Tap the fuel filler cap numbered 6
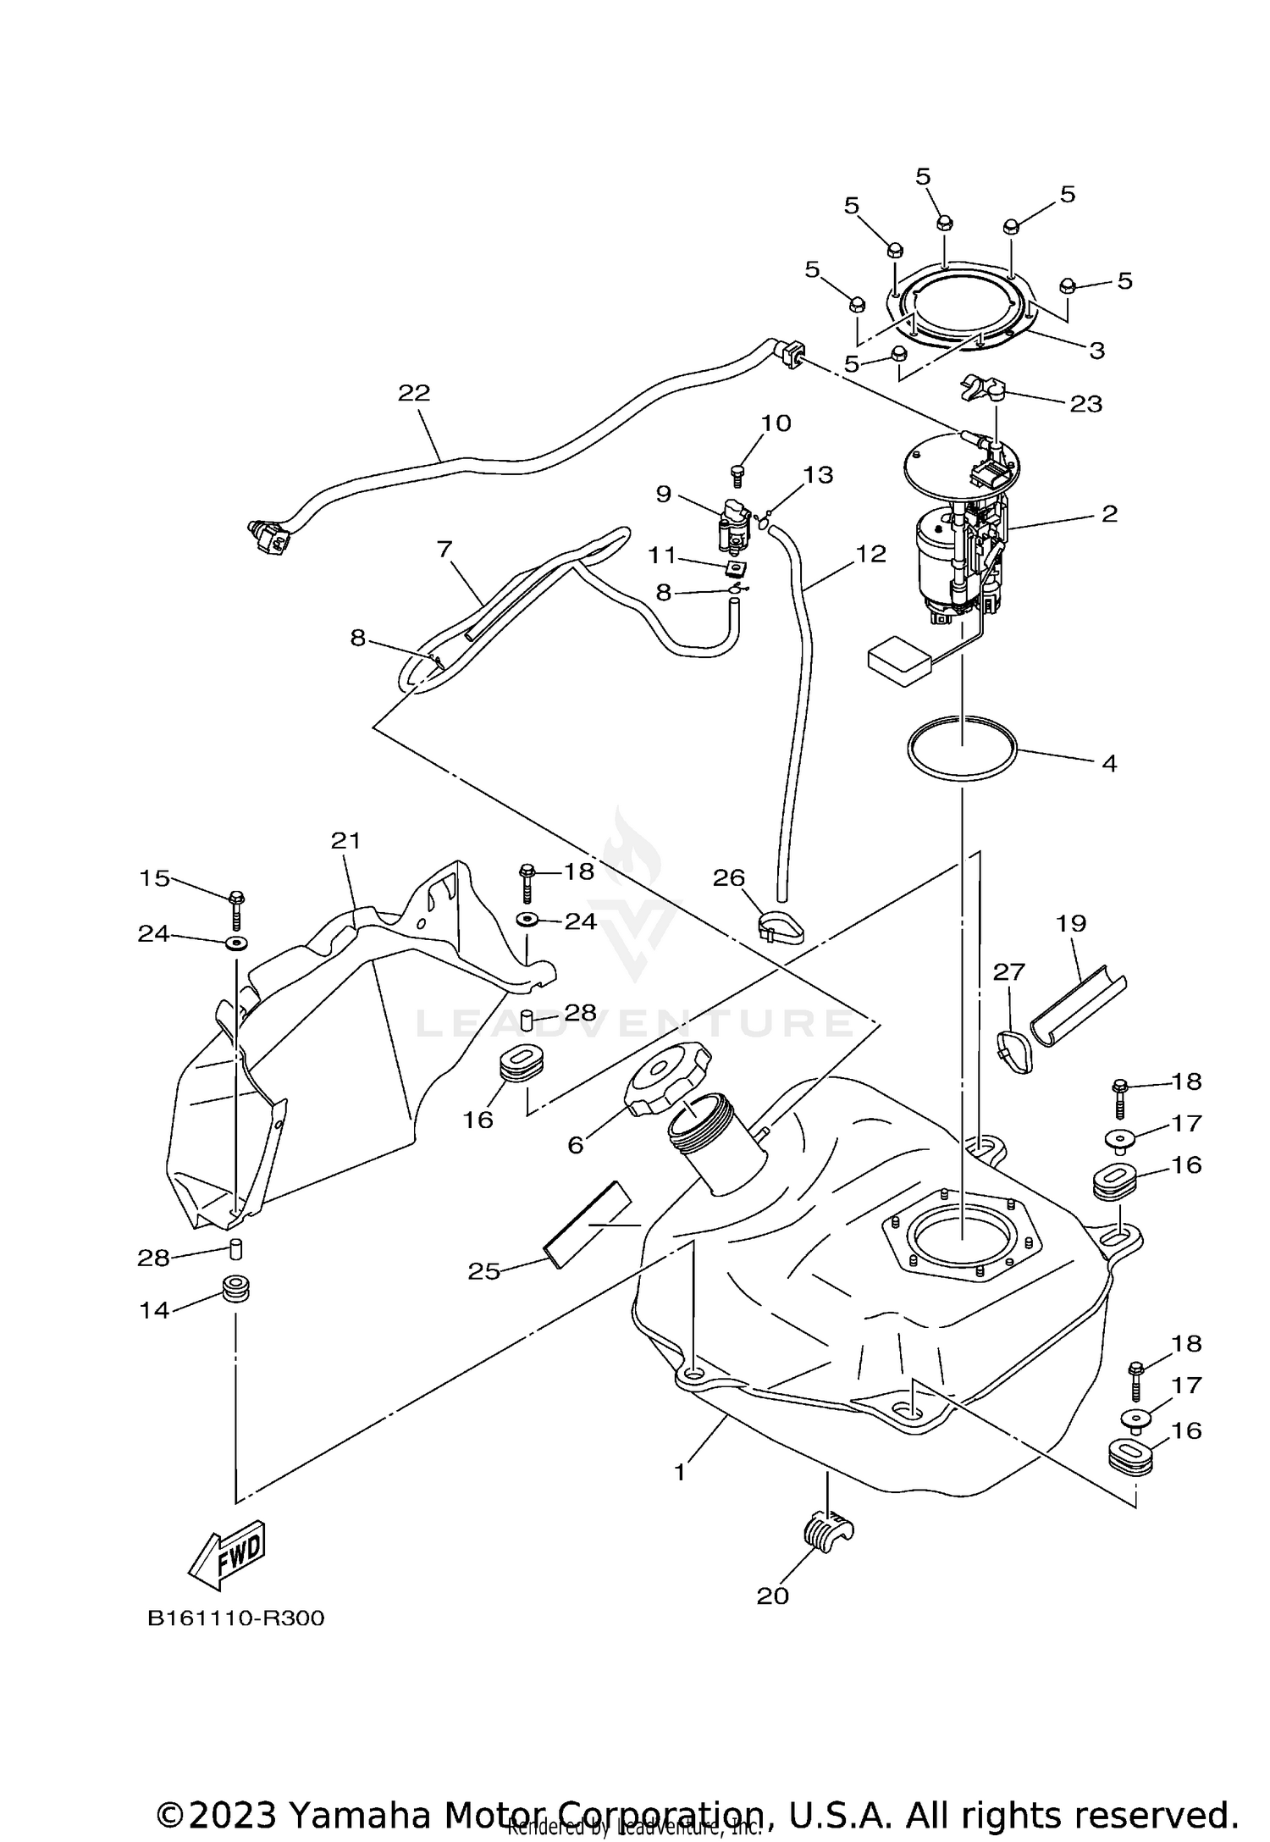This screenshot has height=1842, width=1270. (669, 1076)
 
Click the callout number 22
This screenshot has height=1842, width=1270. (414, 393)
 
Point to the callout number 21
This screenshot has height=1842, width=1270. (345, 840)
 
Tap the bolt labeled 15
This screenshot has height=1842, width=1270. (237, 910)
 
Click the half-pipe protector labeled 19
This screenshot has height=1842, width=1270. (1078, 1010)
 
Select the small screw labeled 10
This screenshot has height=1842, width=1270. (737, 473)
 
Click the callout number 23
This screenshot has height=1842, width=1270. (1086, 403)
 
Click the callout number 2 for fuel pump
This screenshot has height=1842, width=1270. (1109, 513)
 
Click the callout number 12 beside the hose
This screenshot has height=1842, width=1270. (870, 553)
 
